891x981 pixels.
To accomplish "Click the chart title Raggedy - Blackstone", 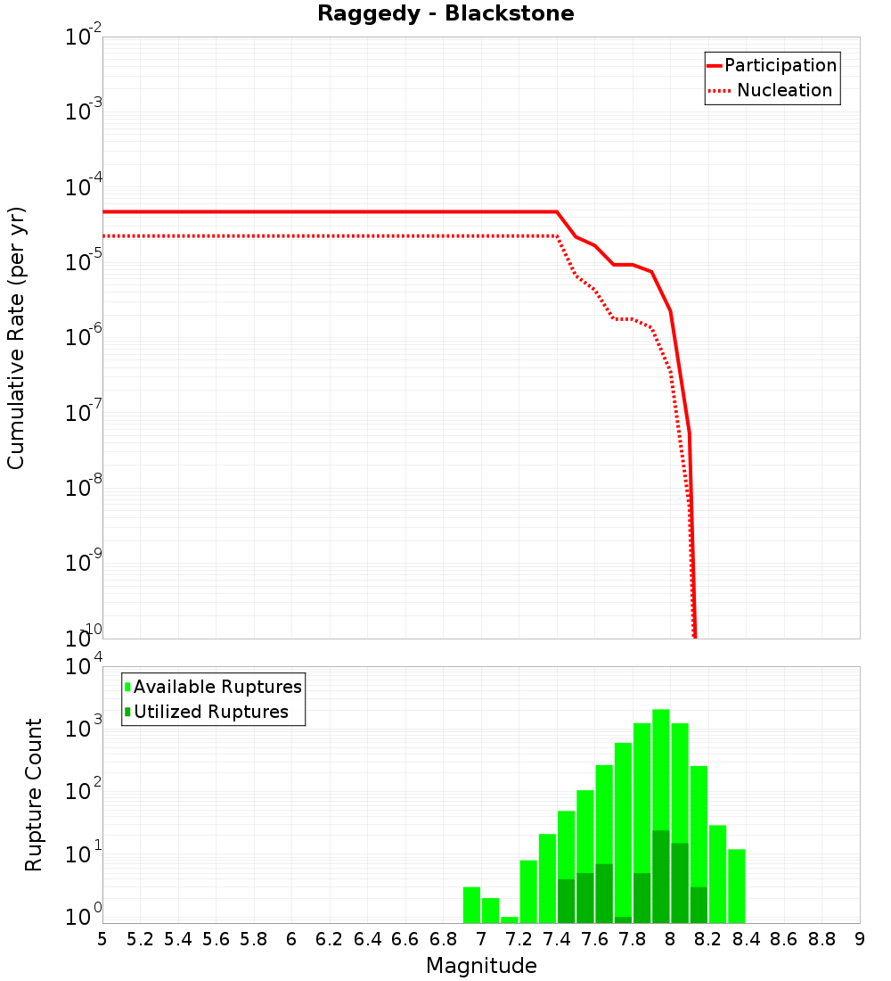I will coord(445,13).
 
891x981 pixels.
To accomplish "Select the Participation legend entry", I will coord(780,65).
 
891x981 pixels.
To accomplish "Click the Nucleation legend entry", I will coord(783,90).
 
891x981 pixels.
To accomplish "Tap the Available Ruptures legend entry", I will coord(217,687).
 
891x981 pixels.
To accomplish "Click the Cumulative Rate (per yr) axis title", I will coord(16,337).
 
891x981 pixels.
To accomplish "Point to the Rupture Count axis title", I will coord(34,794).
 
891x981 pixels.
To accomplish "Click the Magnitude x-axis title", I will coord(481,966).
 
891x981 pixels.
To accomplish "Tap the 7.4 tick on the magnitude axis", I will coord(557,939).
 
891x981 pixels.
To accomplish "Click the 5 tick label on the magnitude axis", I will coord(102,939).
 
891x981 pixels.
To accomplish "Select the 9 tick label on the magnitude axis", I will coord(860,939).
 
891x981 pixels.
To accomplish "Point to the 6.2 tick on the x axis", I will coord(330,939).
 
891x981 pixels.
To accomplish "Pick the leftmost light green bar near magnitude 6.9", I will coord(471,904).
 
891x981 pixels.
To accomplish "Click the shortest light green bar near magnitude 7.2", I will coord(510,919).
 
